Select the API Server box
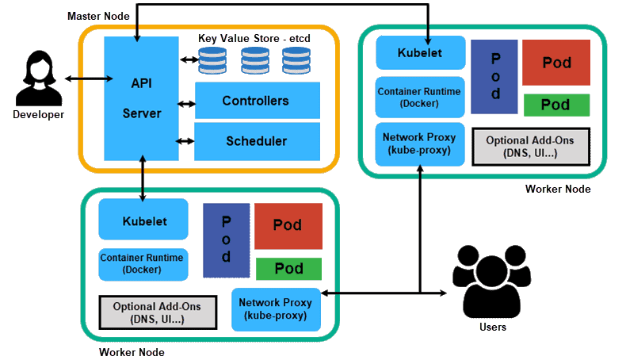point(141,98)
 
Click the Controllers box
point(257,101)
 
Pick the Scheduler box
point(257,141)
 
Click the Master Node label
point(97,16)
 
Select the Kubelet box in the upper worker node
point(420,53)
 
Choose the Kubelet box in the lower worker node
point(143,220)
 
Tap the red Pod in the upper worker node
point(556,63)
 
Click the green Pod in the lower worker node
point(288,269)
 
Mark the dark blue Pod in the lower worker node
point(226,240)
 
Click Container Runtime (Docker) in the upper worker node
point(419,97)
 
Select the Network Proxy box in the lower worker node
point(276,308)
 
